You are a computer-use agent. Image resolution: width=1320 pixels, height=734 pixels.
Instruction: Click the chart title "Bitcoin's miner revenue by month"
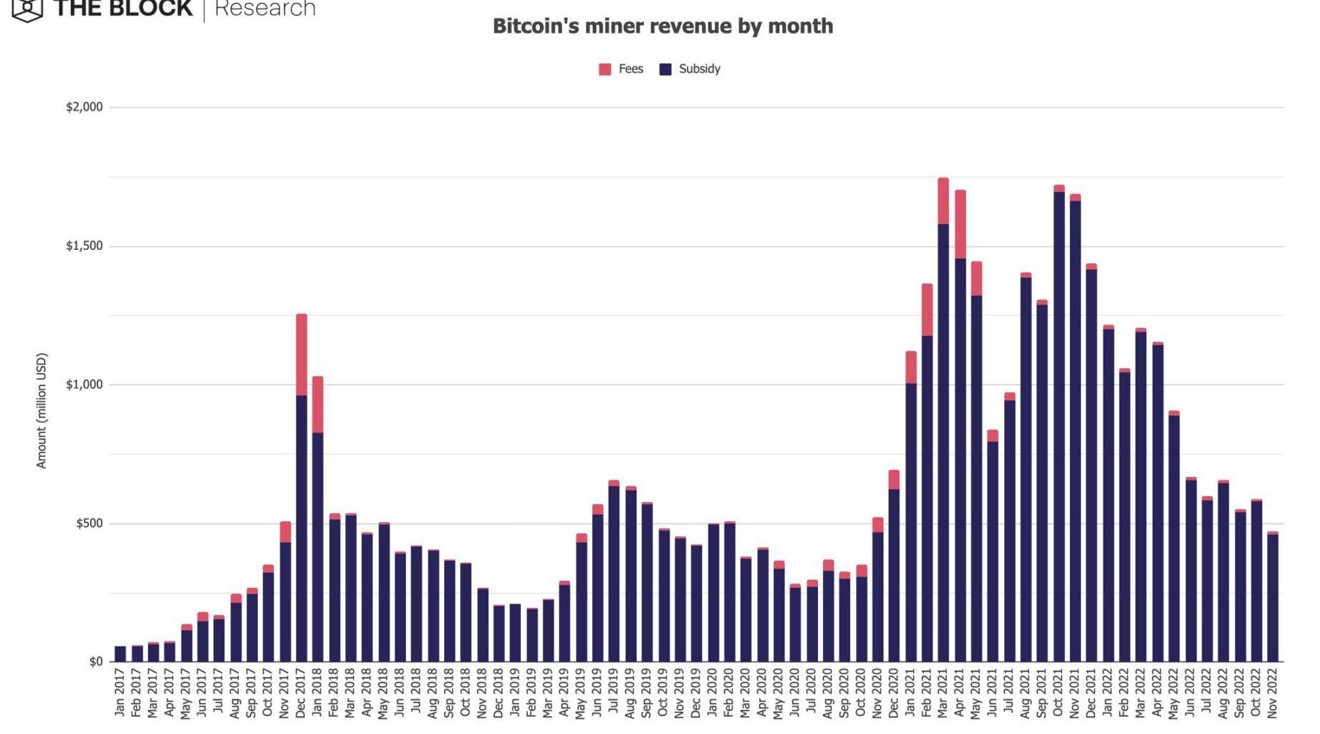[x=663, y=26]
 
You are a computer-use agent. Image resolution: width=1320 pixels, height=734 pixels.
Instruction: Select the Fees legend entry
[x=621, y=69]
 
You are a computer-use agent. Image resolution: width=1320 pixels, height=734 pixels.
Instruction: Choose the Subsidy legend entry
[x=690, y=69]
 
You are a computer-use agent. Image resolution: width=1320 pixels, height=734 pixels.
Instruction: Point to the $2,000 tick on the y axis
[x=85, y=107]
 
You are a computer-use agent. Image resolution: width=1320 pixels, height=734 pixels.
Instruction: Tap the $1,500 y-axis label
[x=85, y=246]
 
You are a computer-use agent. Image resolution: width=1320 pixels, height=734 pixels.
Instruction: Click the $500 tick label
[x=89, y=523]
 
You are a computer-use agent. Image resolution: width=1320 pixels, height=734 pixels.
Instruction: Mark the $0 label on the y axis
[x=96, y=662]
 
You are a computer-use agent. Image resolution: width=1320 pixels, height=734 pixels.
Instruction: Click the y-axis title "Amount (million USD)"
[x=42, y=410]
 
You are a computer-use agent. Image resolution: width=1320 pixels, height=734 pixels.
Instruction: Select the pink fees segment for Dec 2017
[x=302, y=354]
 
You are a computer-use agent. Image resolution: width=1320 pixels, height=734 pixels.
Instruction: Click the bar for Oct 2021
[x=1059, y=430]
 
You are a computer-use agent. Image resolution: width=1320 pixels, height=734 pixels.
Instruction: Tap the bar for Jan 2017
[x=120, y=654]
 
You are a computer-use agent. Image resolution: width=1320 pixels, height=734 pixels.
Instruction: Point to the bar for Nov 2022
[x=1273, y=598]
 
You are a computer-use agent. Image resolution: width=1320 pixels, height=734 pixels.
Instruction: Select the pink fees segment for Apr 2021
[x=960, y=224]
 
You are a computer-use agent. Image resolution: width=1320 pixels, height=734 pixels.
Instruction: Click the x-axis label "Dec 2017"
[x=301, y=692]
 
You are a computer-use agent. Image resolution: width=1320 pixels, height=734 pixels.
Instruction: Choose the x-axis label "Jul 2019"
[x=614, y=692]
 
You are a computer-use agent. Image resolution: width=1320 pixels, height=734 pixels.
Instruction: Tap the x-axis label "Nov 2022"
[x=1273, y=692]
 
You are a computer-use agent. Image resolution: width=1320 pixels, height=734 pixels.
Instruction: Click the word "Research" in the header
[x=265, y=9]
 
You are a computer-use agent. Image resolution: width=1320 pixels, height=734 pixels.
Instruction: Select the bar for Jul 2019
[x=614, y=573]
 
